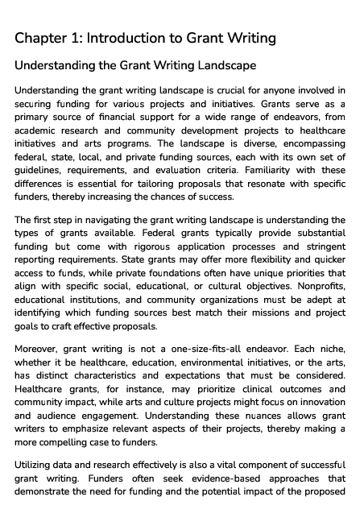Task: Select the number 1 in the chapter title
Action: click(x=84, y=38)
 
